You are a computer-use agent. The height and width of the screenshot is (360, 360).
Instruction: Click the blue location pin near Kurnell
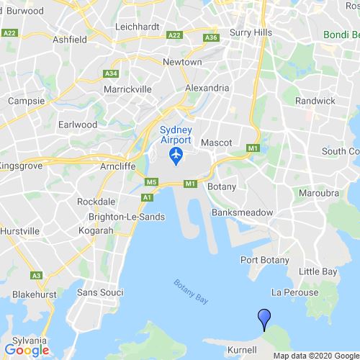(x=264, y=317)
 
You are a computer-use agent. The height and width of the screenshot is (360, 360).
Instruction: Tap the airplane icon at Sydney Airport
(x=174, y=154)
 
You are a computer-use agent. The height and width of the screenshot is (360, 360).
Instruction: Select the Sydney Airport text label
(x=174, y=133)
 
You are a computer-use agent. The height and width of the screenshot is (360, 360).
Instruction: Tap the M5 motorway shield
(x=151, y=182)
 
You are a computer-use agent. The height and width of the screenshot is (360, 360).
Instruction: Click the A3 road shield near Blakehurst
(x=36, y=276)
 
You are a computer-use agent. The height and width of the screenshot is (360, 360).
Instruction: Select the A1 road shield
(x=147, y=197)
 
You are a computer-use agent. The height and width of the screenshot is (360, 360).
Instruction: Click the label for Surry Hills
(x=248, y=32)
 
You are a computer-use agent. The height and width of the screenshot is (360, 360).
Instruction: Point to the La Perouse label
(x=294, y=292)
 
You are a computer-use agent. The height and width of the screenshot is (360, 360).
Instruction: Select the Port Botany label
(x=265, y=260)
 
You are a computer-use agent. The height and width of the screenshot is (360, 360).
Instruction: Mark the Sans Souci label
(x=100, y=292)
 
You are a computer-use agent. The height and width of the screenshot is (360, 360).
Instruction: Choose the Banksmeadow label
(x=242, y=214)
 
